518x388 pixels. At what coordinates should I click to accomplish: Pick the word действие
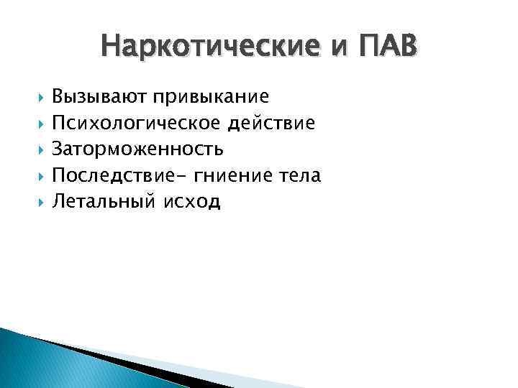(271, 124)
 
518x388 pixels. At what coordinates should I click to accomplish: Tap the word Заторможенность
(137, 149)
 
